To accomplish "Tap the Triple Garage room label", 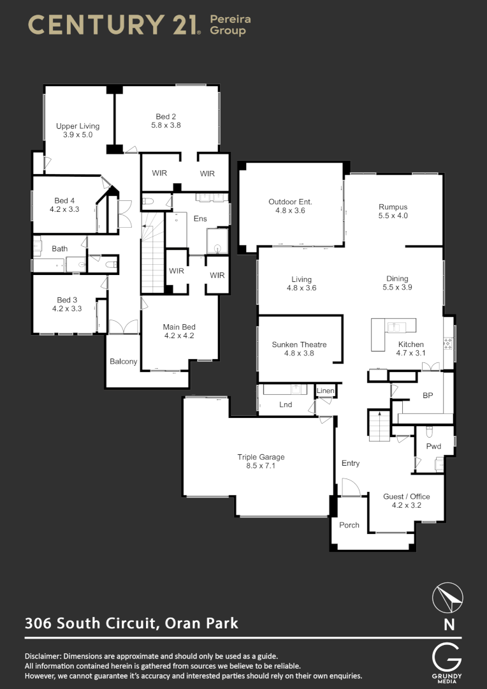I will [x=261, y=457].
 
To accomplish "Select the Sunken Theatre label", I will [x=299, y=344].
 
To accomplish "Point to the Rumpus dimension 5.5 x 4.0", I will [x=393, y=216].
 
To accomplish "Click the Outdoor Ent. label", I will [x=290, y=202].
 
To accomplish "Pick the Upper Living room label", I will [x=78, y=126].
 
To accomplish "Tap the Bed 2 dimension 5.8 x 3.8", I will [x=166, y=125].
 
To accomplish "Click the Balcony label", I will [x=123, y=361].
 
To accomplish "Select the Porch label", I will [x=349, y=525].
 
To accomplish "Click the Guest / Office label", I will [x=406, y=496].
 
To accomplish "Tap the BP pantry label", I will [x=428, y=396].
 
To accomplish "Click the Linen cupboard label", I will [x=324, y=390].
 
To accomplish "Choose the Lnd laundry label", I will [x=286, y=404].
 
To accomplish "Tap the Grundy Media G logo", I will [x=446, y=657].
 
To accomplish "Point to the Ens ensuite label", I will [x=200, y=218].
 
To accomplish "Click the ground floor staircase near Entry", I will [x=379, y=426].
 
